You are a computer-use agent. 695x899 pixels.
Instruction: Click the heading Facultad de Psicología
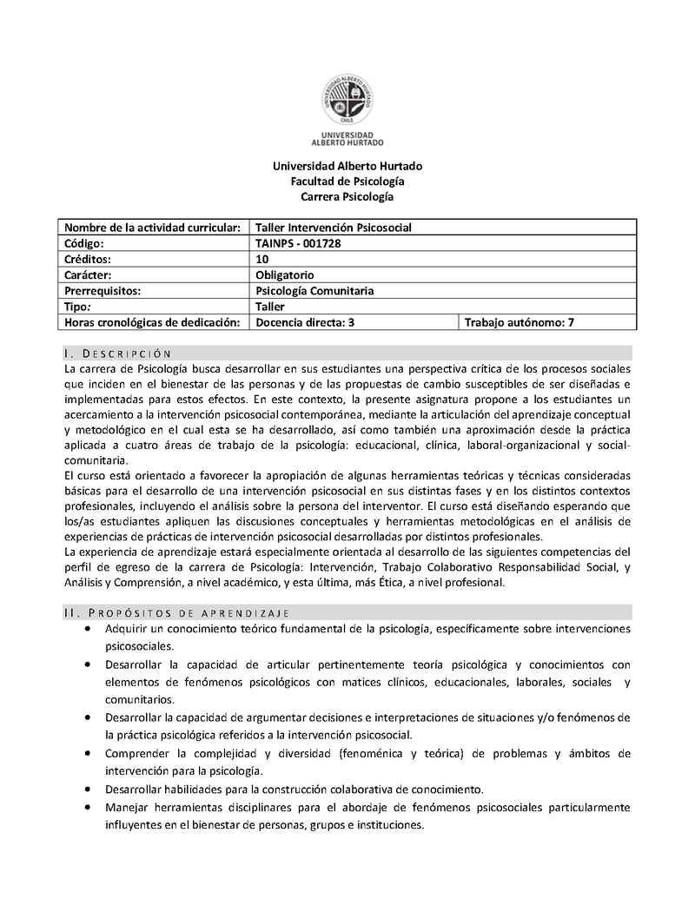click(347, 182)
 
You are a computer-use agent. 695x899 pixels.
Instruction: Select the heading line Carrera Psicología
click(347, 197)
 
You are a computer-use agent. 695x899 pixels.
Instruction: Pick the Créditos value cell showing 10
click(262, 259)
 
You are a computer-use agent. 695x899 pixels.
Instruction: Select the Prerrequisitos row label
click(102, 291)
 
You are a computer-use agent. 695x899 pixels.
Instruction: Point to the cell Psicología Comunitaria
click(314, 291)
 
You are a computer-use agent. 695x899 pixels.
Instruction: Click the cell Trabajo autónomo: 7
click(520, 322)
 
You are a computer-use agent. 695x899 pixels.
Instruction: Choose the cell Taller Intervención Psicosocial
click(334, 228)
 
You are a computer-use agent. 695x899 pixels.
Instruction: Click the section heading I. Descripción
click(117, 354)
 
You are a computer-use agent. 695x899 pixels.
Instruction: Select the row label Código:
click(84, 243)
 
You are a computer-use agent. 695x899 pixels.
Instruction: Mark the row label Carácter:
click(89, 274)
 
